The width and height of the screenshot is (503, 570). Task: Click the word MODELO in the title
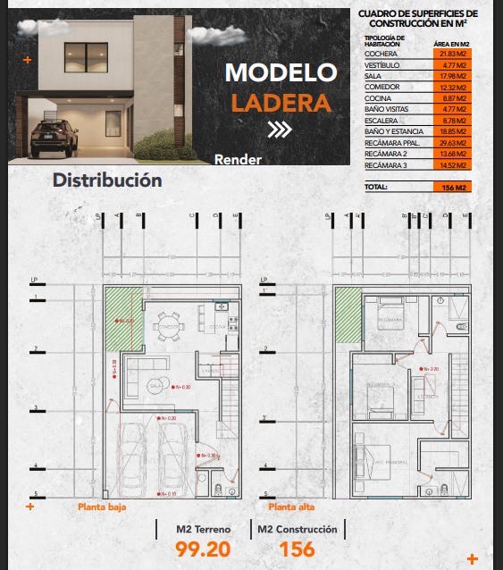tap(281, 71)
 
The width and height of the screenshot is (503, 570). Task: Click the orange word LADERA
tap(281, 102)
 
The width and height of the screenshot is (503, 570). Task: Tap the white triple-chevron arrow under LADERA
tap(280, 130)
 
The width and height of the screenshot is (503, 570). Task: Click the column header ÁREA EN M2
tap(451, 43)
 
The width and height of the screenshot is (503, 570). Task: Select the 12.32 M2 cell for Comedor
tap(451, 87)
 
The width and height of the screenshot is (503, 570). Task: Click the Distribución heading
tap(107, 180)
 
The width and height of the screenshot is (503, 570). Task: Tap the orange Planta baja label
tap(102, 507)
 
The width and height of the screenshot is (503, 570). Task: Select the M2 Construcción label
tap(298, 530)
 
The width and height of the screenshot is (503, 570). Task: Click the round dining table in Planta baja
tap(167, 327)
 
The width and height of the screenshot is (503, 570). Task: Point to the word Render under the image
tap(239, 161)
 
